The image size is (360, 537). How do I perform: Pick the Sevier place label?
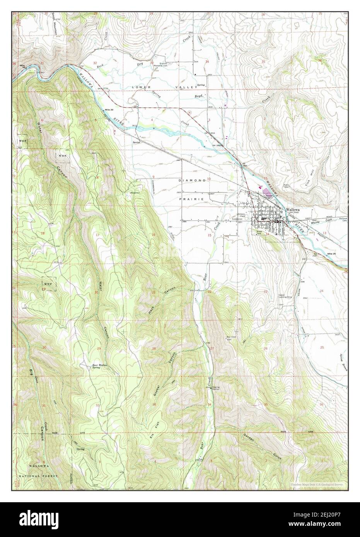pos(135,142)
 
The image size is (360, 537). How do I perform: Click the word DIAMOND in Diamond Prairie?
pos(190,180)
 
